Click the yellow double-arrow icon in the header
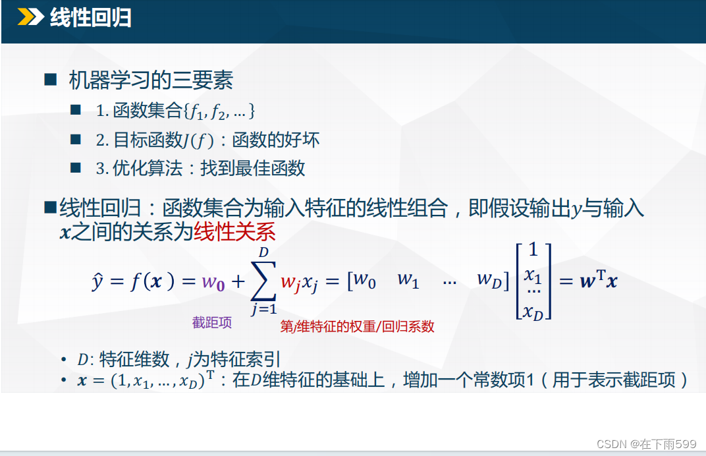tap(30, 17)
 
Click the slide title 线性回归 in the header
tap(90, 18)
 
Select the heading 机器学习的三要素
tap(151, 80)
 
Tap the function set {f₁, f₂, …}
tap(219, 111)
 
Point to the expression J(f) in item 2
tap(199, 140)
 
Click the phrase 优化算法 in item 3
tap(148, 169)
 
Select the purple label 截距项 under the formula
tap(211, 323)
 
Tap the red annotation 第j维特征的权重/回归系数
tap(357, 326)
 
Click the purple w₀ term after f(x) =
tap(213, 283)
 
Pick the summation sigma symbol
tap(263, 281)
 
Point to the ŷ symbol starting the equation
tap(97, 281)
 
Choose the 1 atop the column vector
tap(533, 250)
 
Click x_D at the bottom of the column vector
tap(533, 312)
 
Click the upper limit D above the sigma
tap(264, 252)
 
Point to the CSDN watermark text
tap(646, 444)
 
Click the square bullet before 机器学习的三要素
tap(51, 80)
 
